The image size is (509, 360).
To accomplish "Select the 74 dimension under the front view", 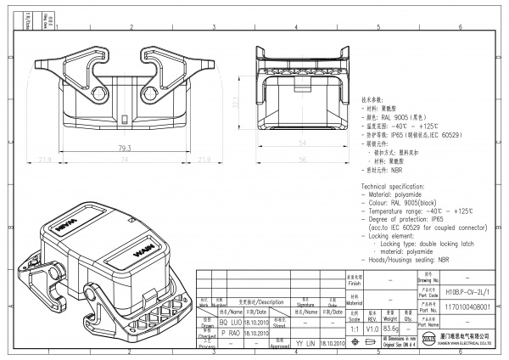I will click(124, 160).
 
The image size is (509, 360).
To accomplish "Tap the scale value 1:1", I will click(353, 328).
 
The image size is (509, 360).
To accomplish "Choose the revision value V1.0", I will click(372, 328).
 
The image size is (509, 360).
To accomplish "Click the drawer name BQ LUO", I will click(232, 323).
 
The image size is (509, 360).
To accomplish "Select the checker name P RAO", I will click(232, 335).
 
